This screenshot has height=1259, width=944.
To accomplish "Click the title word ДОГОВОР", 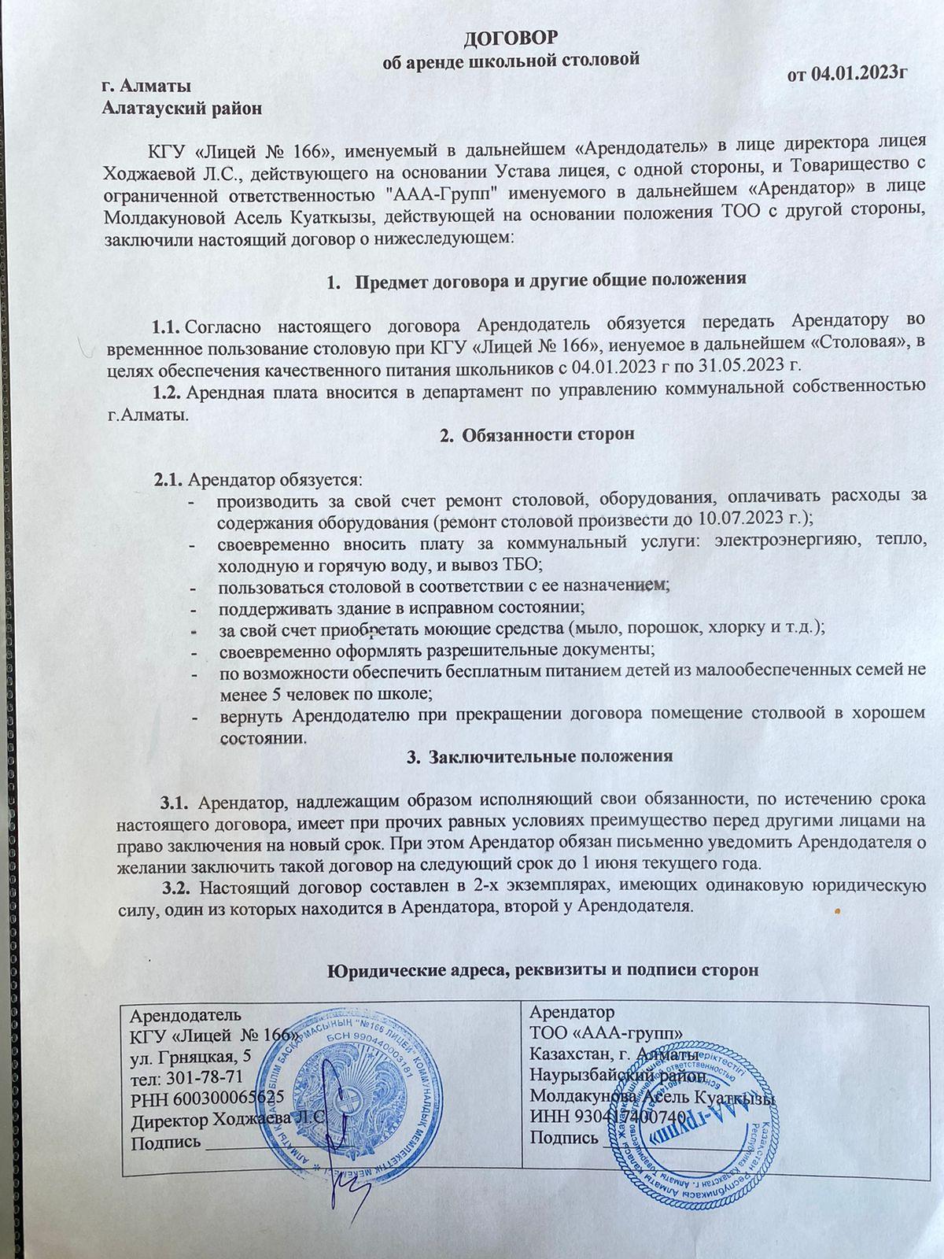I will coord(510,38).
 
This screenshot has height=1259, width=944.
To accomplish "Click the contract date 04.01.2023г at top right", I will coord(861,74).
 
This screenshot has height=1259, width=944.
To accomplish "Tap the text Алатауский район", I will coord(183,109).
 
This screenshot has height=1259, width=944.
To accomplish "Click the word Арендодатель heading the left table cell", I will coord(186,1013).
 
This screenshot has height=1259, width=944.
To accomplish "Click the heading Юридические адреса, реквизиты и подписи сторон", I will coord(542,970).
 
